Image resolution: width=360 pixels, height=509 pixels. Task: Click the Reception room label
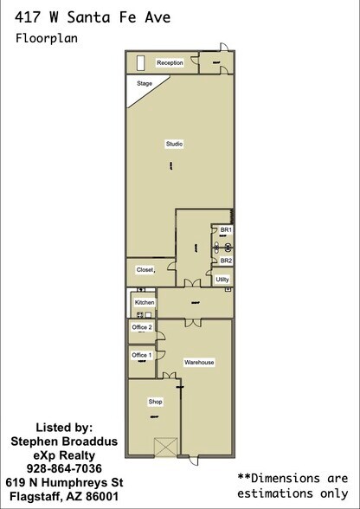pos(170,63)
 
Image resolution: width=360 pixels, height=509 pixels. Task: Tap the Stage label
pos(145,84)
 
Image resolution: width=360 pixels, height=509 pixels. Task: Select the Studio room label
pos(174,144)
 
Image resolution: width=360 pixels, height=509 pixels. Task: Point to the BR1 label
pos(226,229)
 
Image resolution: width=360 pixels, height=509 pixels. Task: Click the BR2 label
pos(226,261)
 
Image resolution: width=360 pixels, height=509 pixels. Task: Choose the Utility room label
pos(222,280)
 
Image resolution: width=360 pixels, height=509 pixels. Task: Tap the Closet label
pos(145,270)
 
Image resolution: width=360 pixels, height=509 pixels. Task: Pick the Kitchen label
pos(145,302)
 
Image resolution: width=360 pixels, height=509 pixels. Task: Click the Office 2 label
pos(142,327)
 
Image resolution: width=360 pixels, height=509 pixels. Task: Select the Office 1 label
pos(142,355)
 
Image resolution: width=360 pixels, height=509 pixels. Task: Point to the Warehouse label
pos(198,362)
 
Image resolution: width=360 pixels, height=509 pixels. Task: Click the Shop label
pos(156,402)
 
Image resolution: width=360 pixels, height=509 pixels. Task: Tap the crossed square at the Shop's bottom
pos(164,447)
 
